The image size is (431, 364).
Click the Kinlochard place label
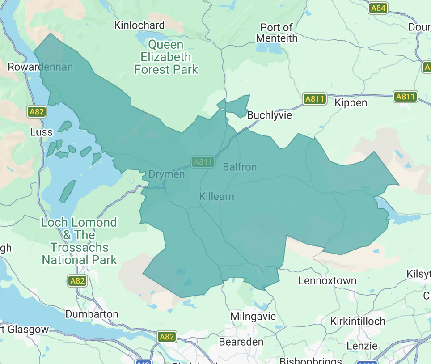coord(139,25)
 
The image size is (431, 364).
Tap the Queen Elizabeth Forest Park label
coord(166,57)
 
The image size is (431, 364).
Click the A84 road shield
coord(378,8)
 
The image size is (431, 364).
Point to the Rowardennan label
coord(40,67)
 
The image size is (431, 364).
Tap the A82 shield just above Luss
coord(37,111)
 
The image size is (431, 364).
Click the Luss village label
coord(41,132)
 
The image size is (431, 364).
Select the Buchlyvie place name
coord(269,115)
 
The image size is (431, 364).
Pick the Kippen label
coord(351,103)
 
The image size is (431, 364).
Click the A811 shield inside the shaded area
coord(203,162)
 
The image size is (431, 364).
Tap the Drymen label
coord(166,174)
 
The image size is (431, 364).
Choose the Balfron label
coord(240,167)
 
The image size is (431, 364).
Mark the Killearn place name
coord(216,197)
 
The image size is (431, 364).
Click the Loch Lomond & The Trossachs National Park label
coord(79,241)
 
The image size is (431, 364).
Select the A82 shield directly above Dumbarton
coord(77,281)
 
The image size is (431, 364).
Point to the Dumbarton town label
coord(92,314)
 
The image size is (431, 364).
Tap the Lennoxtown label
coord(327,281)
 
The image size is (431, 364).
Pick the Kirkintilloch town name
coord(358,322)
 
